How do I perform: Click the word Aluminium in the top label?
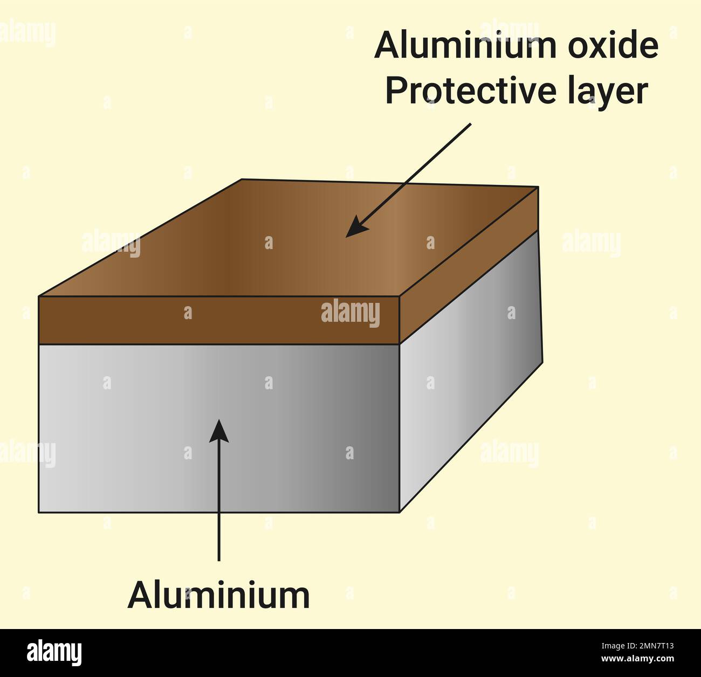[x=465, y=45]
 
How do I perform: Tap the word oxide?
[x=613, y=45]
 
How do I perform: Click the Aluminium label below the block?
[x=218, y=595]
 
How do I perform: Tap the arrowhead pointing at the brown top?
[x=358, y=226]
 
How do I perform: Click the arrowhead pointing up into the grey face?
[x=219, y=431]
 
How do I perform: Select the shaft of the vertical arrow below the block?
[x=219, y=501]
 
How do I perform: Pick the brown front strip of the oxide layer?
[x=218, y=320]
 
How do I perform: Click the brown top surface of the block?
[x=288, y=238]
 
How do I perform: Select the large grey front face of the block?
[x=218, y=428]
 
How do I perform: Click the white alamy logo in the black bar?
[x=54, y=653]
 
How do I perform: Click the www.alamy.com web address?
[x=637, y=659]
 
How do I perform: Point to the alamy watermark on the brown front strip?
[x=350, y=313]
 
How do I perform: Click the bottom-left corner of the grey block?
[x=39, y=512]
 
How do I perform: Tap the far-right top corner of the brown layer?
[x=539, y=187]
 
